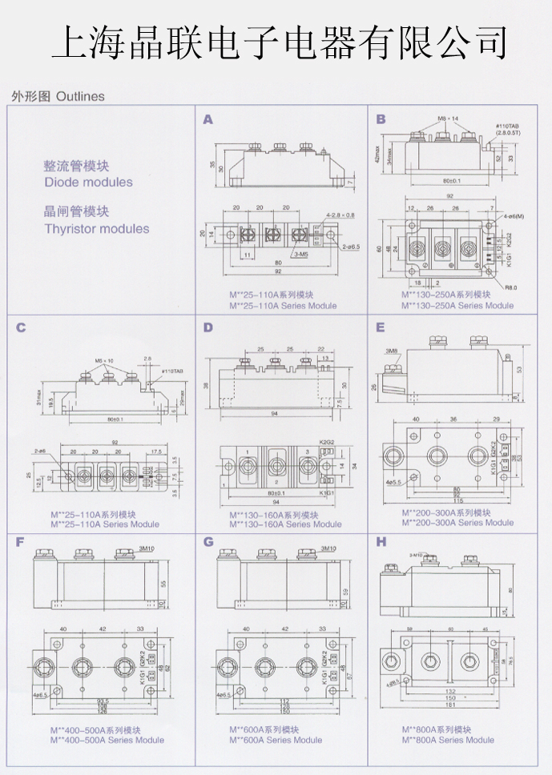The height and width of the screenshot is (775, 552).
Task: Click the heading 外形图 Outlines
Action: coord(58,96)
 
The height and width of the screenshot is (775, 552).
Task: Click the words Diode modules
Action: coord(88,182)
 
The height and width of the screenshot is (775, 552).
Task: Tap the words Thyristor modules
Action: coord(96,228)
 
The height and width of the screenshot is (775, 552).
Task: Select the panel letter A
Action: coord(208,119)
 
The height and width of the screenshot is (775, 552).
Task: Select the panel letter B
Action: coord(381,119)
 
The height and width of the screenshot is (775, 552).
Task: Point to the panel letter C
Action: coord(21,327)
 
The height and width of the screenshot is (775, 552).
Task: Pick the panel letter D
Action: coord(208,327)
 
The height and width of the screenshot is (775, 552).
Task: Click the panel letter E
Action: coord(381,327)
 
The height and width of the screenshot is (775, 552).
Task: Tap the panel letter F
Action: coord(21,542)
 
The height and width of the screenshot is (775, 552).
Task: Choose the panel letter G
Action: coord(208,542)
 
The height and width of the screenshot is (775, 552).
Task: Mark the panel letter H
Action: coord(381,542)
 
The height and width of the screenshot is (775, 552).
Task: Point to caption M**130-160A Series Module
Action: coord(285,524)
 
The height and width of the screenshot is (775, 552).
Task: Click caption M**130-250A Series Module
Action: coord(457,305)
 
